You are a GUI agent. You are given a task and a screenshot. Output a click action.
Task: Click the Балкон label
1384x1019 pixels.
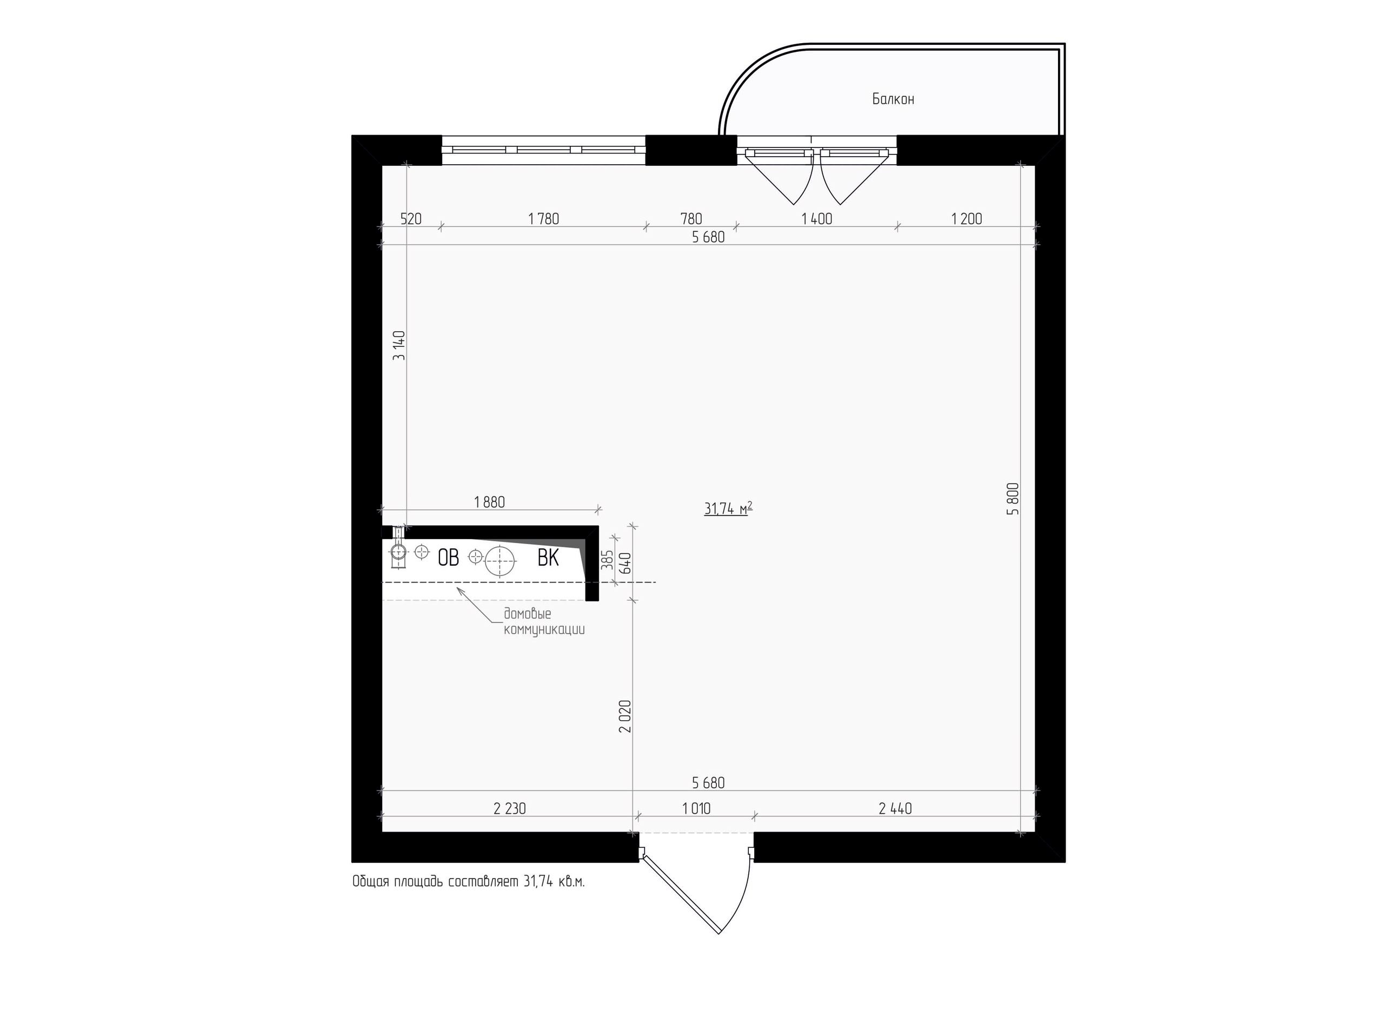(x=893, y=99)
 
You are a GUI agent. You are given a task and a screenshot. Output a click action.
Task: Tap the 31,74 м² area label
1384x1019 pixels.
(x=728, y=508)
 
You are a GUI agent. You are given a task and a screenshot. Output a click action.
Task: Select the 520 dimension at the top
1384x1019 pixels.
(x=411, y=218)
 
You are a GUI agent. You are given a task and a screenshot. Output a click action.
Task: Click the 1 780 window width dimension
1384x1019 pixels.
(x=544, y=218)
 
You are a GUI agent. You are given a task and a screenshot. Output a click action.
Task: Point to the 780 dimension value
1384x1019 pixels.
(x=691, y=218)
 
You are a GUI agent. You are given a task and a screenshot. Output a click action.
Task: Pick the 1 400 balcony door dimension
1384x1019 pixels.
(x=817, y=218)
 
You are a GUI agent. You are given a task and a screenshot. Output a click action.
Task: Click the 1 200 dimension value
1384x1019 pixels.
(x=966, y=218)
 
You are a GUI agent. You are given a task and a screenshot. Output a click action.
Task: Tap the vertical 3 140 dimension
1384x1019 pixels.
(x=399, y=345)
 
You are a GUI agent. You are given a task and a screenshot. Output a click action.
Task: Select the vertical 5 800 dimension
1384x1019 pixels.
(x=1013, y=498)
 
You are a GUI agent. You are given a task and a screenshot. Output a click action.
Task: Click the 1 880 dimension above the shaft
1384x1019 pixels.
(x=489, y=502)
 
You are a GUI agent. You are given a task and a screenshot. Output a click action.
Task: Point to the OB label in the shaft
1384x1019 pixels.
(x=449, y=558)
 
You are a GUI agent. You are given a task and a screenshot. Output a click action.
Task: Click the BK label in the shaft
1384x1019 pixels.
(x=548, y=558)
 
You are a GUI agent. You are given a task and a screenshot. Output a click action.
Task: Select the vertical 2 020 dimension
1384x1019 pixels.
(x=625, y=716)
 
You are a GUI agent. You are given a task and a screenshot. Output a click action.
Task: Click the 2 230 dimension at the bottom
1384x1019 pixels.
(x=510, y=808)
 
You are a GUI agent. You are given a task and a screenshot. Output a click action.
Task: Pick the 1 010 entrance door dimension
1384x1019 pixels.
(x=697, y=808)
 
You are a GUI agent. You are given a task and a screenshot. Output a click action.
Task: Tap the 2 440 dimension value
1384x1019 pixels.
(x=895, y=808)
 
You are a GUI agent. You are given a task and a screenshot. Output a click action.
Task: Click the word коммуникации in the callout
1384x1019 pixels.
(x=544, y=630)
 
